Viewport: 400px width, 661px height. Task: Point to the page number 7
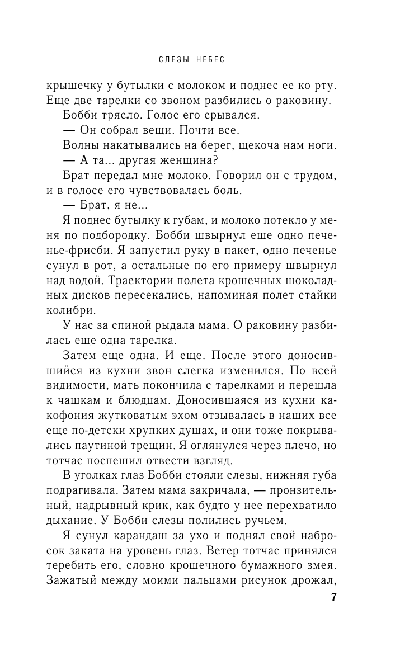pyautogui.click(x=333, y=598)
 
